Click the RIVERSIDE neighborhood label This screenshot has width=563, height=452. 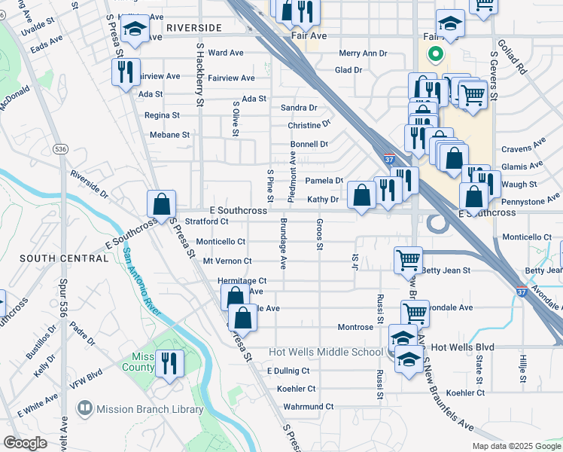pyautogui.click(x=194, y=28)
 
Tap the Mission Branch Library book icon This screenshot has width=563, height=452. pyautogui.click(x=85, y=409)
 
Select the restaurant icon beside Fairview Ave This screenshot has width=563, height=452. pyautogui.click(x=125, y=72)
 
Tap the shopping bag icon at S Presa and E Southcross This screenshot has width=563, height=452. pyautogui.click(x=161, y=203)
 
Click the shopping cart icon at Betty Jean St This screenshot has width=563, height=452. pyautogui.click(x=408, y=260)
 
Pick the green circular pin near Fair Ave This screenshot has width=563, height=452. pyautogui.click(x=434, y=54)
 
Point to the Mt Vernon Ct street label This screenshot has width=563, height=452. pyautogui.click(x=227, y=261)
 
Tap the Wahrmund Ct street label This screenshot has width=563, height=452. pyautogui.click(x=308, y=407)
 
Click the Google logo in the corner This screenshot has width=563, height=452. pyautogui.click(x=26, y=443)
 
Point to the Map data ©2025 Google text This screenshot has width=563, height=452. pyautogui.click(x=516, y=446)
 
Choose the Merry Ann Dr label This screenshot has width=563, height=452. pyautogui.click(x=363, y=53)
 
